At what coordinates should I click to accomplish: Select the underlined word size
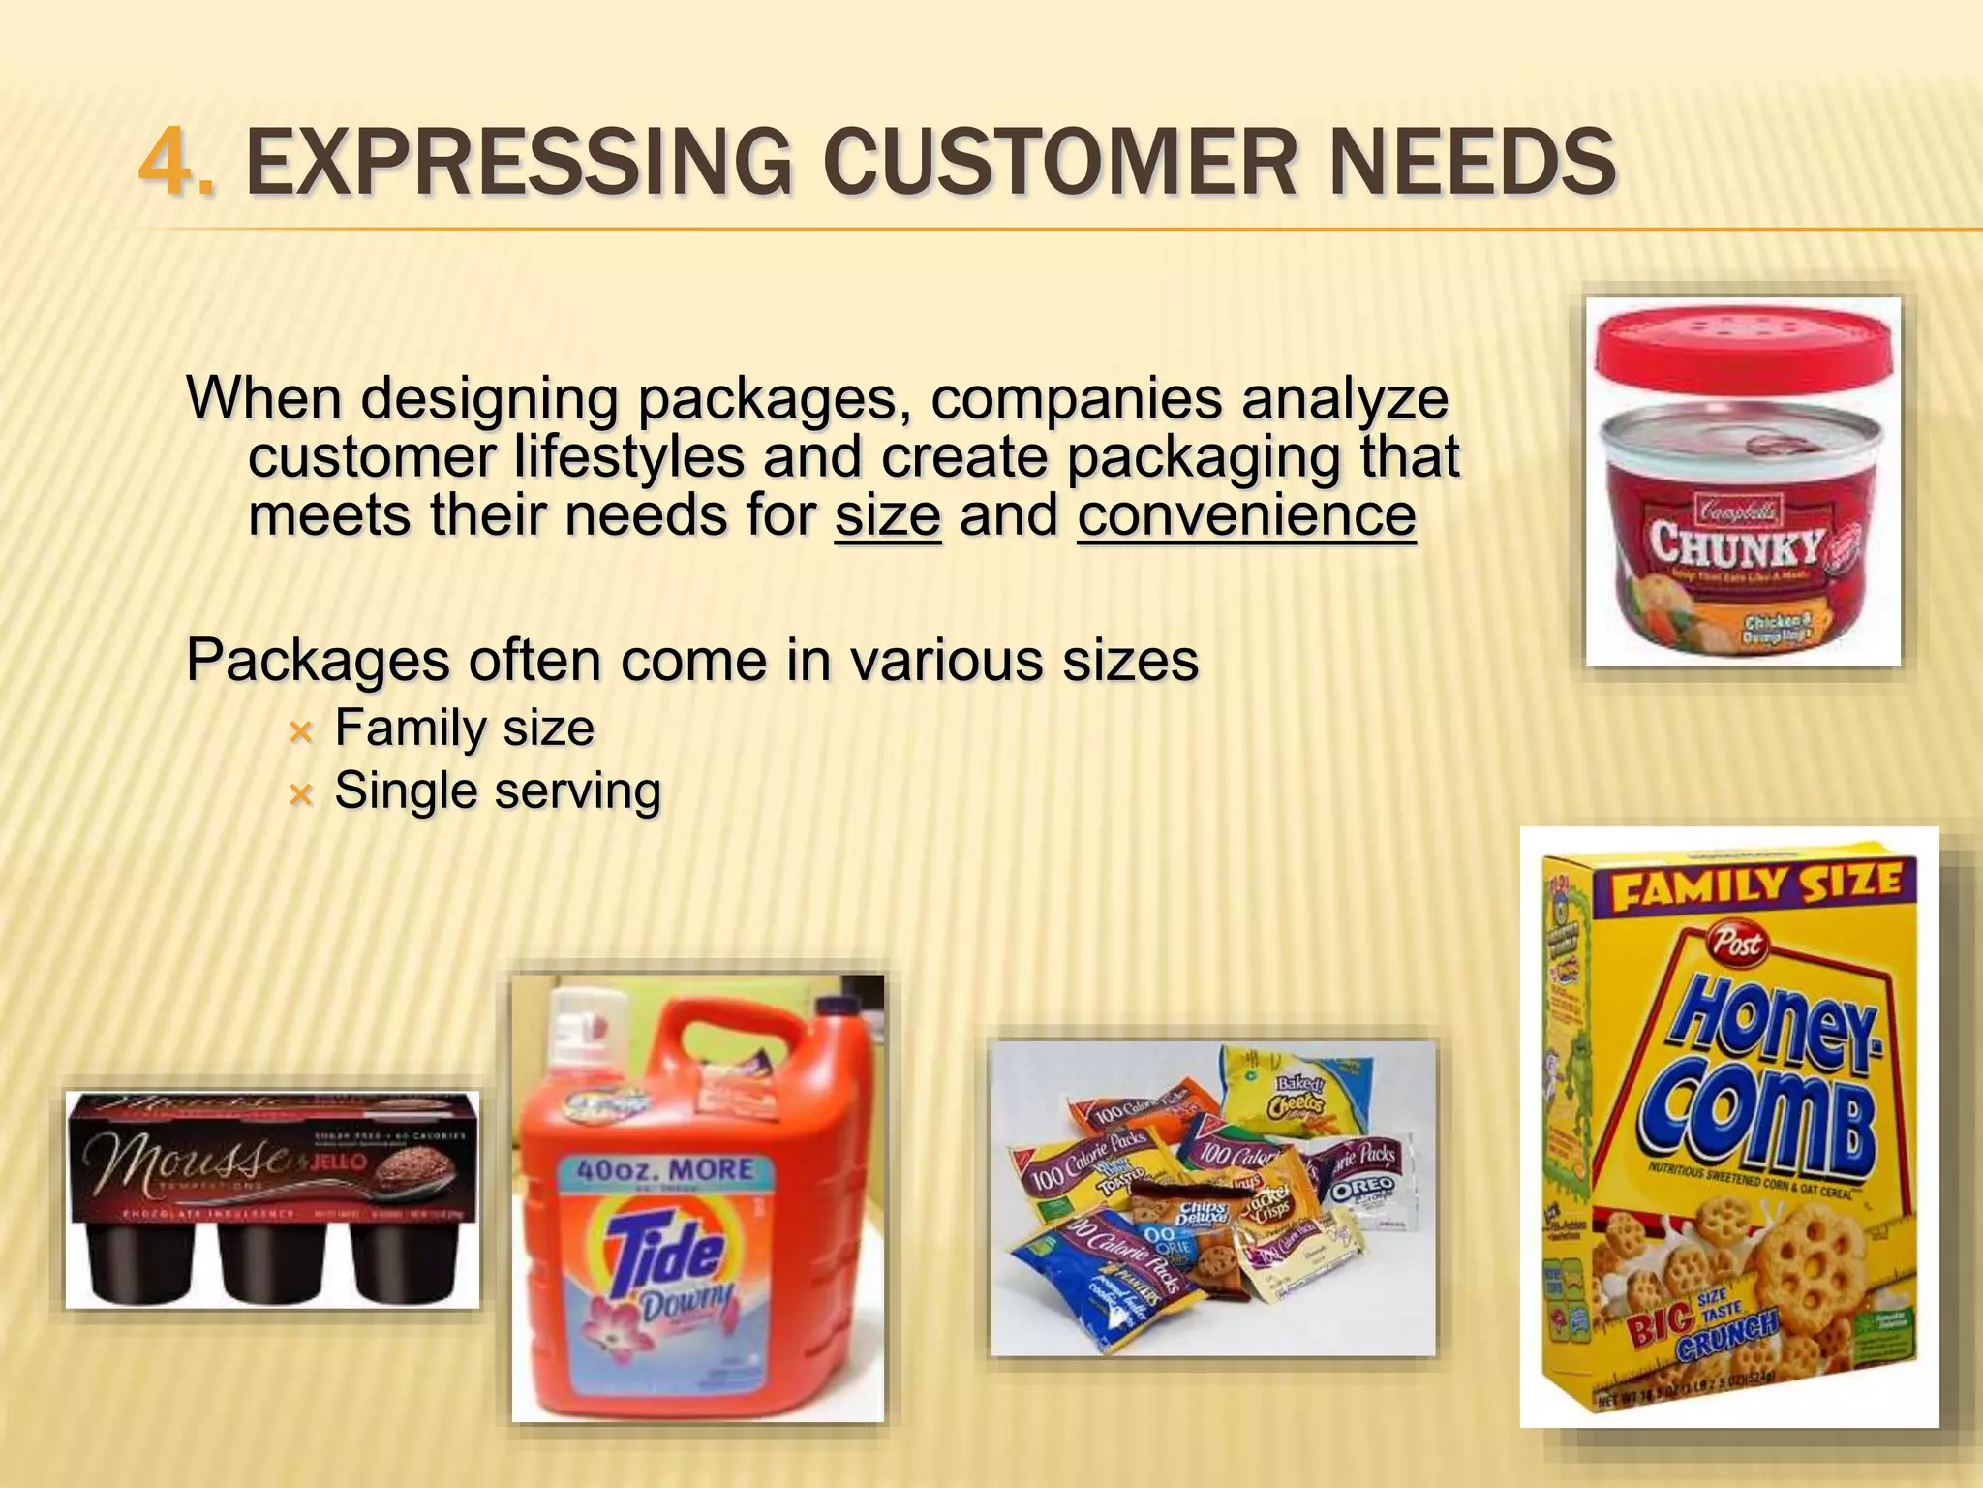click(887, 515)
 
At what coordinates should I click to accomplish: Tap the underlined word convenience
click(1246, 515)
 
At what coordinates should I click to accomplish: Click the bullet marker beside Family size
click(301, 732)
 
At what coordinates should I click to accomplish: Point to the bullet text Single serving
click(498, 790)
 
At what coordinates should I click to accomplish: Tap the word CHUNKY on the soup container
click(1738, 544)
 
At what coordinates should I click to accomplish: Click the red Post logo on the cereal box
click(1738, 941)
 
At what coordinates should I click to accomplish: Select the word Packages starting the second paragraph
click(317, 661)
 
